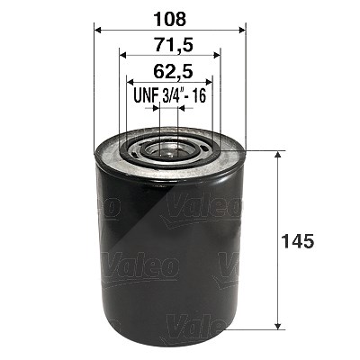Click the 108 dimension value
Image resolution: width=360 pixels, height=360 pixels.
coord(170,20)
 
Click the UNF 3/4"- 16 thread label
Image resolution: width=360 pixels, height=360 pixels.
coord(170,96)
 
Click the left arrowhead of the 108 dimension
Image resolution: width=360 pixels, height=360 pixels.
coord(99,30)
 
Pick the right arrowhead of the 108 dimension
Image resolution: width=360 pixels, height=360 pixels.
coord(241,30)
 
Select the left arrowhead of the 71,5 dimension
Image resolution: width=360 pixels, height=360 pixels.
coord(123,55)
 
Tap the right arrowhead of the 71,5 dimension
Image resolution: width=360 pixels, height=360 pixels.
coord(217,55)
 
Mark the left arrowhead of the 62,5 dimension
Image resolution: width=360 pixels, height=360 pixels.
coord(130,81)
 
